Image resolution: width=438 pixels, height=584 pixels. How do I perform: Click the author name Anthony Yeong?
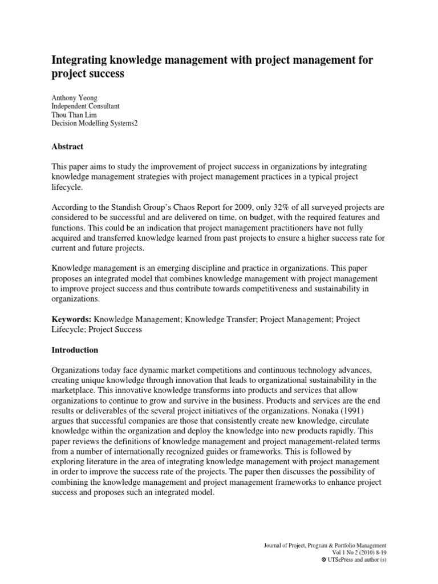pos(75,98)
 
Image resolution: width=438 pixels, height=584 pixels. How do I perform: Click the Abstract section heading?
pos(67,147)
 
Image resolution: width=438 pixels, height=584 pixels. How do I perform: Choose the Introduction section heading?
pos(75,350)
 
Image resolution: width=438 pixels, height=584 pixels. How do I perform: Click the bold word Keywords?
pos(71,319)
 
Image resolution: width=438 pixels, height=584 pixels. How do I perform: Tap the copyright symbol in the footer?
pos(324,561)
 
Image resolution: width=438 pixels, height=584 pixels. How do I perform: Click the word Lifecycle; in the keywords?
pos(69,329)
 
